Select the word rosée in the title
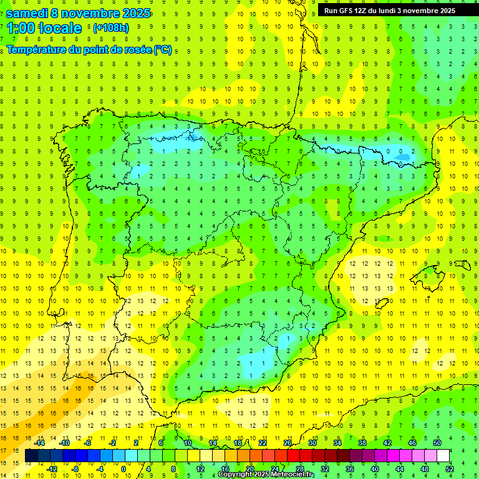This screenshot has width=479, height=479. click(x=137, y=50)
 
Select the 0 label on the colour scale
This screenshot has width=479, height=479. click(x=123, y=469)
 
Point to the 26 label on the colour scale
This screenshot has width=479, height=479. click(x=287, y=443)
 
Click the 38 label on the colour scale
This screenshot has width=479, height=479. click(x=362, y=443)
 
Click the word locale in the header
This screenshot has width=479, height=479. click(x=61, y=28)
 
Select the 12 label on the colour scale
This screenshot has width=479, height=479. click(x=201, y=469)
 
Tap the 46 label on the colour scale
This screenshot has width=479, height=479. click(x=412, y=443)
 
